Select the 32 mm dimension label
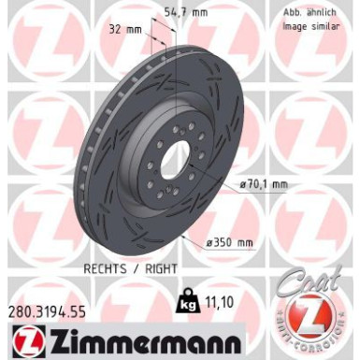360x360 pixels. [x=126, y=29]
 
